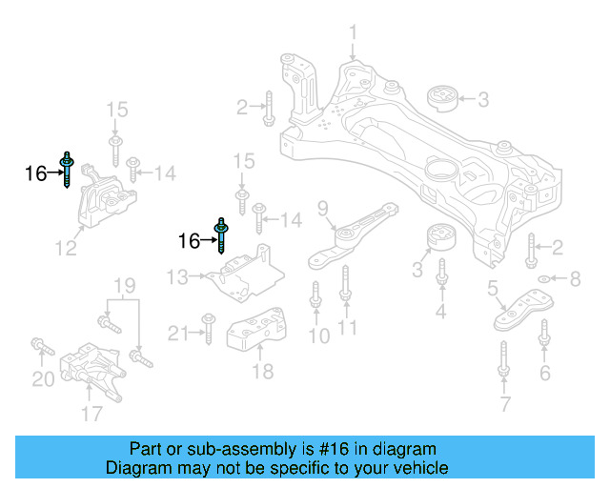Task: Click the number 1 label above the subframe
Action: tap(353, 36)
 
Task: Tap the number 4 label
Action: tap(441, 312)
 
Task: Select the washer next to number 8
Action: tap(543, 279)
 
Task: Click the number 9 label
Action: tap(322, 208)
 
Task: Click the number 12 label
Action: tap(65, 251)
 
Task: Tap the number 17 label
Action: tap(91, 414)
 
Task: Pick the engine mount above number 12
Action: tap(99, 199)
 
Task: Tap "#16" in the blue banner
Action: tap(335, 449)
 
